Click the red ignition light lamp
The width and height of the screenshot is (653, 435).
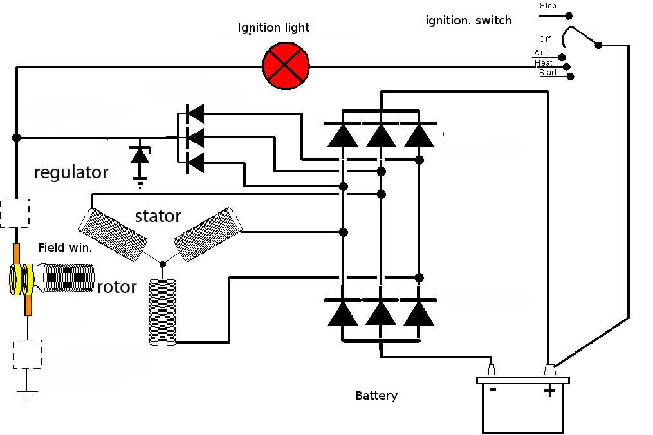pyautogui.click(x=286, y=66)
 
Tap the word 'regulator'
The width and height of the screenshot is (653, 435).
pyautogui.click(x=71, y=172)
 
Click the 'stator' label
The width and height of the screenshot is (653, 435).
pyautogui.click(x=158, y=216)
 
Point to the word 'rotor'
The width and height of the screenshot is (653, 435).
pyautogui.click(x=116, y=286)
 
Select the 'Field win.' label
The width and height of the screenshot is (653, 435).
pyautogui.click(x=65, y=248)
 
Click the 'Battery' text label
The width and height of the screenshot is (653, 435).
pyautogui.click(x=376, y=395)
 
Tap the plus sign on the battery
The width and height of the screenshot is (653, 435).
pyautogui.click(x=549, y=391)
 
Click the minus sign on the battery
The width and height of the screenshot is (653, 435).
pyautogui.click(x=493, y=389)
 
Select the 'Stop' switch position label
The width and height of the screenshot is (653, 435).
pyautogui.click(x=547, y=5)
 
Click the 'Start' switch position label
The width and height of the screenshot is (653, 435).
pyautogui.click(x=547, y=73)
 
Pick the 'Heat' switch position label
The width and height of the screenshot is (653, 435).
pyautogui.click(x=544, y=63)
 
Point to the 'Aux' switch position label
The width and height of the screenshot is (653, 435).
pyautogui.click(x=542, y=53)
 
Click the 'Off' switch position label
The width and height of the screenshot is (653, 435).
pyautogui.click(x=545, y=39)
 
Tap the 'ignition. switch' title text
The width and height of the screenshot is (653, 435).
pyautogui.click(x=468, y=21)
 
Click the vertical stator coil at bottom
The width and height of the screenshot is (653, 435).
pyautogui.click(x=162, y=311)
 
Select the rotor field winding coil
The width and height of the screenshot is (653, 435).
pyautogui.click(x=68, y=277)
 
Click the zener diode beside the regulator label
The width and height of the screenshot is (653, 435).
pyautogui.click(x=140, y=156)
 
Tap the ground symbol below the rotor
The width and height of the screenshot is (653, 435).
pyautogui.click(x=27, y=395)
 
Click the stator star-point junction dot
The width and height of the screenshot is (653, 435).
pyautogui.click(x=163, y=264)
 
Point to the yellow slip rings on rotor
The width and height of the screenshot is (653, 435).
pyautogui.click(x=21, y=279)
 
